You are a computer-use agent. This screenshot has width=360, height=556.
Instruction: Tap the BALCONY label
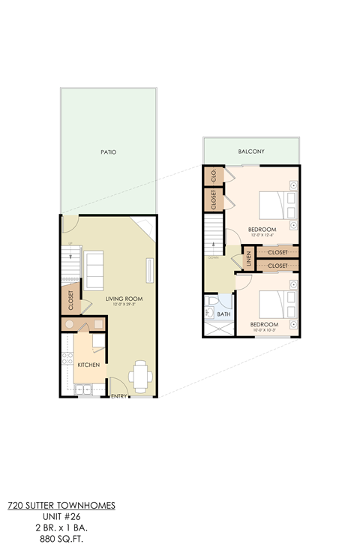tap(251, 152)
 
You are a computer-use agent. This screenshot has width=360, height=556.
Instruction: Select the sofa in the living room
tap(94, 270)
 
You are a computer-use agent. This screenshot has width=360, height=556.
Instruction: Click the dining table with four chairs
tap(140, 374)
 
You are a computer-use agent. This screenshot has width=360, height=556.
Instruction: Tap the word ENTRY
tap(120, 396)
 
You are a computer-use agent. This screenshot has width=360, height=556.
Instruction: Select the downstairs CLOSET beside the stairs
tap(70, 301)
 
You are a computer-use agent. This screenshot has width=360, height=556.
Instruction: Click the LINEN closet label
tap(247, 259)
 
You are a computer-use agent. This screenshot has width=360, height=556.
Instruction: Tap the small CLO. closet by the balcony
tap(214, 176)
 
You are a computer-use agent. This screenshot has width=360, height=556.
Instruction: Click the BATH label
tap(223, 314)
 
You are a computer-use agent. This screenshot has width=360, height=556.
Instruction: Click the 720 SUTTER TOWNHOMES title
tap(61, 506)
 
